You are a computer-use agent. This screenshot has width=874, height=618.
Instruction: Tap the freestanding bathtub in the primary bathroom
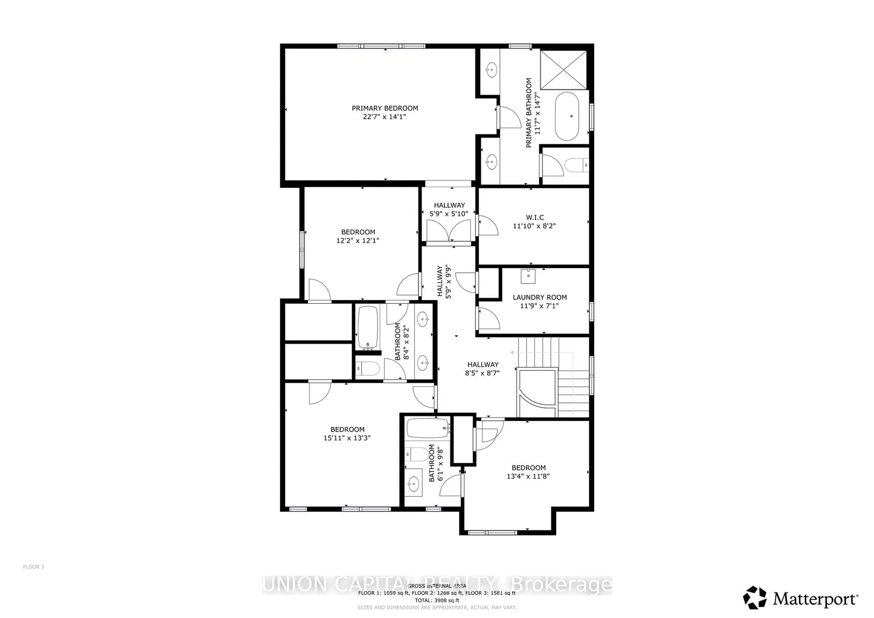pyautogui.click(x=567, y=116)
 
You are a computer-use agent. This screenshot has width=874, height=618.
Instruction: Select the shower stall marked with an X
pyautogui.click(x=563, y=70)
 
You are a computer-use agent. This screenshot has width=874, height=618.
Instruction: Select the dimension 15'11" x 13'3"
pyautogui.click(x=347, y=438)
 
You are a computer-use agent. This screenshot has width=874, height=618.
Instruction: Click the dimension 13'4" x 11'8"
pyautogui.click(x=528, y=476)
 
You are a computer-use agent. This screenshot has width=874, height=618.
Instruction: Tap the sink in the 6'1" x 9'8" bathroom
pyautogui.click(x=413, y=484)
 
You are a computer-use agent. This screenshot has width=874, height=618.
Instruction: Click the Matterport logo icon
pyautogui.click(x=755, y=598)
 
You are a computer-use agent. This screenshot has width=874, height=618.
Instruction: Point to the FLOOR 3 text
pyautogui.click(x=33, y=567)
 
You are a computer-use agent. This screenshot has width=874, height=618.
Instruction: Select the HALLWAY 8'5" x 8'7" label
pyautogui.click(x=483, y=365)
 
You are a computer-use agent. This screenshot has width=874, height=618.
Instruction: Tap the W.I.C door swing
pyautogui.click(x=487, y=226)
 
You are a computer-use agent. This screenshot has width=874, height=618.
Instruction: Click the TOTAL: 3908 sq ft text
pyautogui.click(x=437, y=600)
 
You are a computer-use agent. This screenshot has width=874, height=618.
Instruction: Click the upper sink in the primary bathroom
pyautogui.click(x=491, y=70)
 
